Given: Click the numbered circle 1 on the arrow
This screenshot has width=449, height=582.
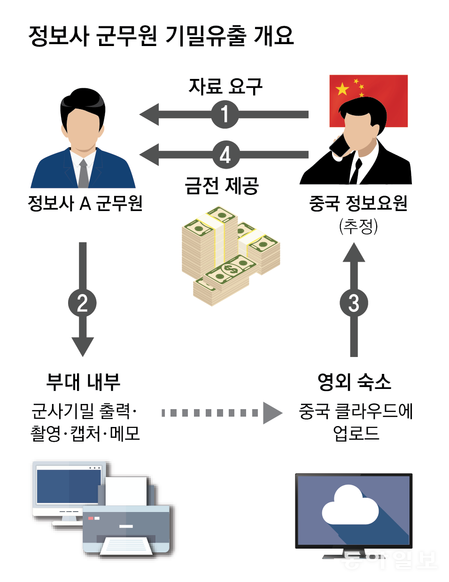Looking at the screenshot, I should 225,114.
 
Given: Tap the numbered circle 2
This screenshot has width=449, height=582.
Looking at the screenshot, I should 82,303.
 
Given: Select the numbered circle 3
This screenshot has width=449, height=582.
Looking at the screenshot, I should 354,303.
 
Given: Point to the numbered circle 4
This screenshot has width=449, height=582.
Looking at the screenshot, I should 225,155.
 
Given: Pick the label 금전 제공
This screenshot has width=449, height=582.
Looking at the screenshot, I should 222,186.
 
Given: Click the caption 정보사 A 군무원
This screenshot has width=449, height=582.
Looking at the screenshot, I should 85,203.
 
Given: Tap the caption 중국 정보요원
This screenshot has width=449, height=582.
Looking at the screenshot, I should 358,203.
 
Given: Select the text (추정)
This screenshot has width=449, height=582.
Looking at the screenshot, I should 358,226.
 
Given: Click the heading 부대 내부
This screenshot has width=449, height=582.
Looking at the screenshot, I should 83,381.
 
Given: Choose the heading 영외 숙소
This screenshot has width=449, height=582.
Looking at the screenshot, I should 354,381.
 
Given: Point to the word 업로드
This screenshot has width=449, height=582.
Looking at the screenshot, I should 356,433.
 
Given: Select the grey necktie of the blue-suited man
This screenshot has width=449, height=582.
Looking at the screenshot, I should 83,173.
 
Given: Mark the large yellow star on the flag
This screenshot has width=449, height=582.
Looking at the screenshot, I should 342,89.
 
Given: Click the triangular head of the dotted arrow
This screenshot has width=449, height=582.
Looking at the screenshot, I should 272,413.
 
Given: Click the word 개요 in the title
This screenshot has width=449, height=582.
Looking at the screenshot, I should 273,36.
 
